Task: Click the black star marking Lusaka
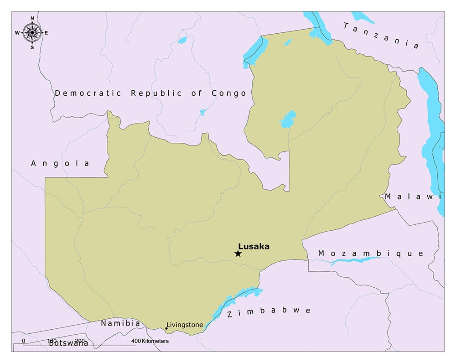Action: click(238, 254)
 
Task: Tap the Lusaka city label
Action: click(254, 246)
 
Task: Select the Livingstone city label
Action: click(185, 325)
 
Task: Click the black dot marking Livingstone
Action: click(166, 328)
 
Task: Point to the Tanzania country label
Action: click(381, 36)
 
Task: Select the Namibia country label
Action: click(120, 323)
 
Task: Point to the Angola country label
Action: click(60, 163)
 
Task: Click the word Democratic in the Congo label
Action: click(88, 93)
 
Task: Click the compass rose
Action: click(32, 32)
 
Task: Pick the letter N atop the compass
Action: click(32, 18)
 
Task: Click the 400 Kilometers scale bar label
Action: click(150, 341)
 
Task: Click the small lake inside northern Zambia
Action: click(288, 119)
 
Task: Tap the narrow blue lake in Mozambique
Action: click(355, 261)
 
